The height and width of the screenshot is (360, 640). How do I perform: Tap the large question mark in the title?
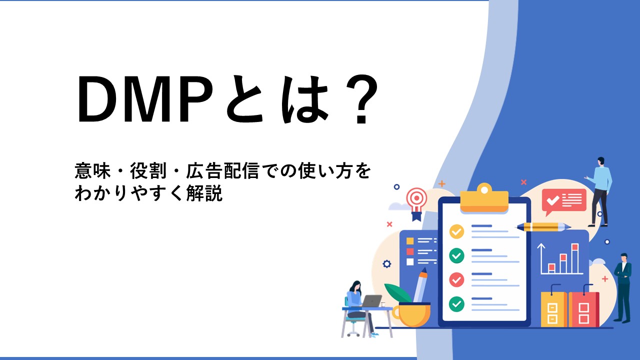(361, 99)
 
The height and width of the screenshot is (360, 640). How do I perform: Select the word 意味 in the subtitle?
(92, 171)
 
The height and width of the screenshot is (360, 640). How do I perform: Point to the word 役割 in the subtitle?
(148, 171)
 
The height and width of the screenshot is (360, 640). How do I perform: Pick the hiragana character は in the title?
(304, 99)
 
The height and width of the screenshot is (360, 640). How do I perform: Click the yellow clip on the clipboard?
(484, 198)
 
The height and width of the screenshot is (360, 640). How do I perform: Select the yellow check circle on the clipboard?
(456, 231)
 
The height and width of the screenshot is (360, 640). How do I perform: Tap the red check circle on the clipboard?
(456, 279)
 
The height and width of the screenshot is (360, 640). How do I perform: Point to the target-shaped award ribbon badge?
(417, 203)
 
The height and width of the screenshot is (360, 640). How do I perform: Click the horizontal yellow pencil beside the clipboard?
(542, 227)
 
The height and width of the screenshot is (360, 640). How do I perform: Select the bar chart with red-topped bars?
(560, 259)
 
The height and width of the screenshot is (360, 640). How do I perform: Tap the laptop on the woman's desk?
(371, 301)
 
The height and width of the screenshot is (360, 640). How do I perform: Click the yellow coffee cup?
(411, 314)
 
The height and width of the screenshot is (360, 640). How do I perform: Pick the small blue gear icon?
(387, 264)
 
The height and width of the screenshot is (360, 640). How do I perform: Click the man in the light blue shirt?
(600, 191)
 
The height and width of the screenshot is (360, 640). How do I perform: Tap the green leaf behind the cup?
(397, 292)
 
